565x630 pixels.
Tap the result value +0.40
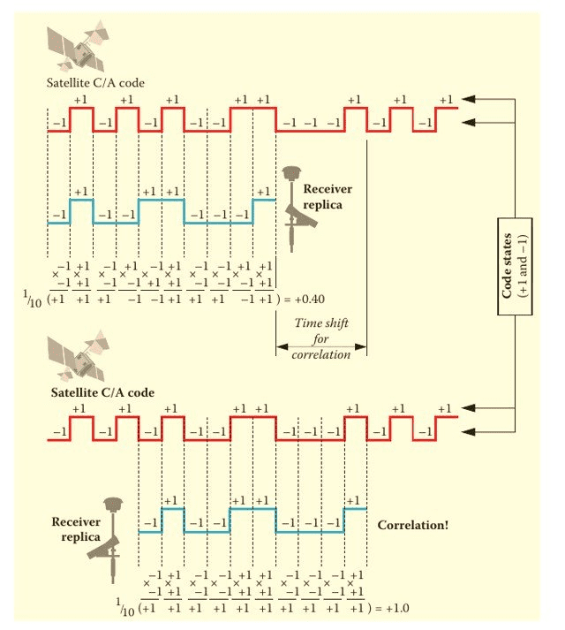pos(304,298)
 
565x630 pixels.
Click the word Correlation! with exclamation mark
pos(412,525)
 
